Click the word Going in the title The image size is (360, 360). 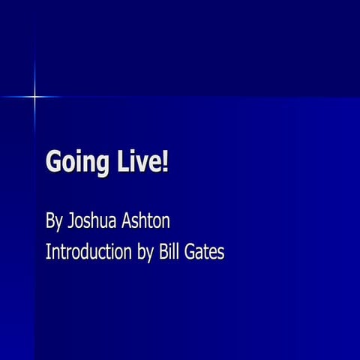pyautogui.click(x=73, y=161)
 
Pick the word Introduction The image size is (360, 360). pyautogui.click(x=91, y=251)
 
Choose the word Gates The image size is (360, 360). pyautogui.click(x=206, y=251)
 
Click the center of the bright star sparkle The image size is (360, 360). pyautogui.click(x=34, y=96)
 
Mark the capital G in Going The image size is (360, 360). pyautogui.click(x=54, y=160)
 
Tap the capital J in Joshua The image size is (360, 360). pyautogui.click(x=70, y=221)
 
